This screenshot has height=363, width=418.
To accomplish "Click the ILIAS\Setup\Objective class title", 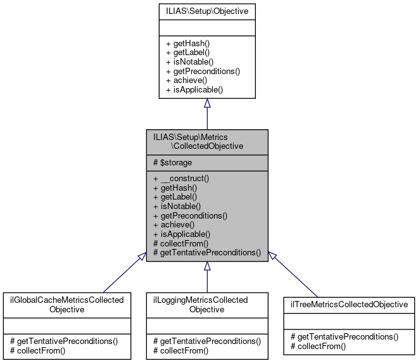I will click(206, 11).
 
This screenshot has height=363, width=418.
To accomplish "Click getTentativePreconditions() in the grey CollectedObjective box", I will click(207, 252).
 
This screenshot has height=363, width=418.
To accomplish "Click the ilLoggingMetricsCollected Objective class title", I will click(206, 304).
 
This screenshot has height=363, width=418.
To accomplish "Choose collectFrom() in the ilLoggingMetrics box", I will click(180, 350).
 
